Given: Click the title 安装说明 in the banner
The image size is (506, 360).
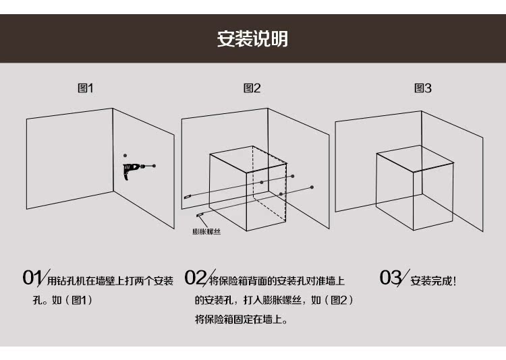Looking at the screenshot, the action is (x=252, y=38).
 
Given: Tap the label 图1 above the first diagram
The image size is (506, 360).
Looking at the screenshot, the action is (x=86, y=88).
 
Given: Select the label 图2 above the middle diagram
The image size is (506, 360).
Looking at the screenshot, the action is (x=252, y=88).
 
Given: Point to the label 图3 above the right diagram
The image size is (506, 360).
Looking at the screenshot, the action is (x=423, y=88).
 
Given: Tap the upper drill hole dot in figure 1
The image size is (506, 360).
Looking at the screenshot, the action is (x=125, y=156).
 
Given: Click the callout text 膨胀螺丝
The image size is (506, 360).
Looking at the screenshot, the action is (x=206, y=231).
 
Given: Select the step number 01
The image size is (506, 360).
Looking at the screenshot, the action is (x=32, y=278).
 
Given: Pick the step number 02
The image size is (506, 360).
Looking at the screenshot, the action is (x=196, y=278).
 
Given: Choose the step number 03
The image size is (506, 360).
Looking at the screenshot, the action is (x=391, y=278).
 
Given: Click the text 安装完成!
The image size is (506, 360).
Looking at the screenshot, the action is (x=433, y=281).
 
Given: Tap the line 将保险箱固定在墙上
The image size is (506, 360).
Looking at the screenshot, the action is (x=241, y=320).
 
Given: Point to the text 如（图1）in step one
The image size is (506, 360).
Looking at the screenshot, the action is (x=72, y=300).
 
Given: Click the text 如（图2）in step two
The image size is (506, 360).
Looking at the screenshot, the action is (x=333, y=300).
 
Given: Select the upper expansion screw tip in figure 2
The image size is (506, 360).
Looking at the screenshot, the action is (x=186, y=197).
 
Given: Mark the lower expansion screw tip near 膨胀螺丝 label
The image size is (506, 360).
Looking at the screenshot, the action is (x=200, y=215).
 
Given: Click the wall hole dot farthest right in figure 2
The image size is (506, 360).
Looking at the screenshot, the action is (x=312, y=187).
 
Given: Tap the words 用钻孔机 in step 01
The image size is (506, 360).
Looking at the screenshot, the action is (x=66, y=281).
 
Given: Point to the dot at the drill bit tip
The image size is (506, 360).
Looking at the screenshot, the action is (x=154, y=166).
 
